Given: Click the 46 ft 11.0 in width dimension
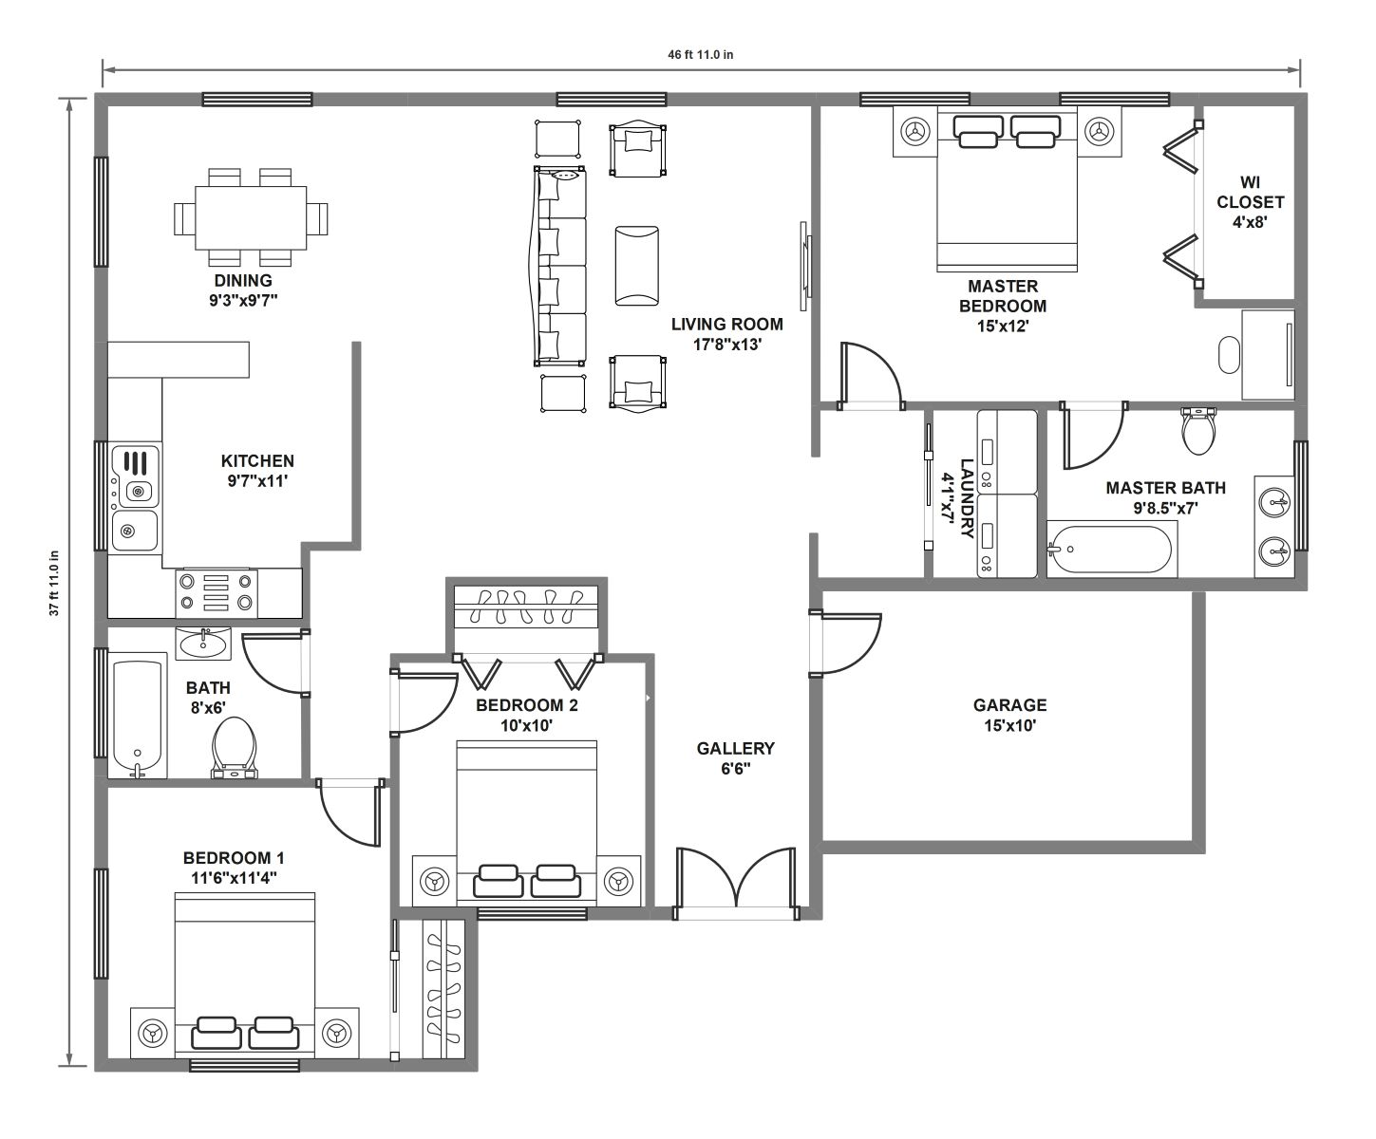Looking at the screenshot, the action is (701, 55).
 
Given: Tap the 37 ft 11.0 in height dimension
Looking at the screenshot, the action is (54, 583).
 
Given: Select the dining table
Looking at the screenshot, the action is (251, 217).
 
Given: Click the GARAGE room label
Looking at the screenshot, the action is (1009, 705).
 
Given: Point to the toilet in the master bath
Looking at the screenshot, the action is (1198, 432).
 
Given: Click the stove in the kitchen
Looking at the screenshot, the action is (217, 593).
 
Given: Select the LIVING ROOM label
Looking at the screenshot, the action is (726, 324).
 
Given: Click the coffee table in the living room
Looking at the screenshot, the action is (636, 266).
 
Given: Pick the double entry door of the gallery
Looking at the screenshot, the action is (735, 883).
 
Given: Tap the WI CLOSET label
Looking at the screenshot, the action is (1250, 192).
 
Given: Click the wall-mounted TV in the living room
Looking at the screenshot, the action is (805, 266).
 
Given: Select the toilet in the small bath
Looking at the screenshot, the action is (234, 748).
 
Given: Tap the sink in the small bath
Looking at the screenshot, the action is (203, 643).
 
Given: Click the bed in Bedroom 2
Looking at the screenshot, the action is (526, 821).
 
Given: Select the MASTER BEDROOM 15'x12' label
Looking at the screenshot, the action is (1003, 307).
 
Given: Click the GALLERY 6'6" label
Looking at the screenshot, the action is (735, 758).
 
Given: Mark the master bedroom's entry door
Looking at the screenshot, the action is (871, 376).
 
